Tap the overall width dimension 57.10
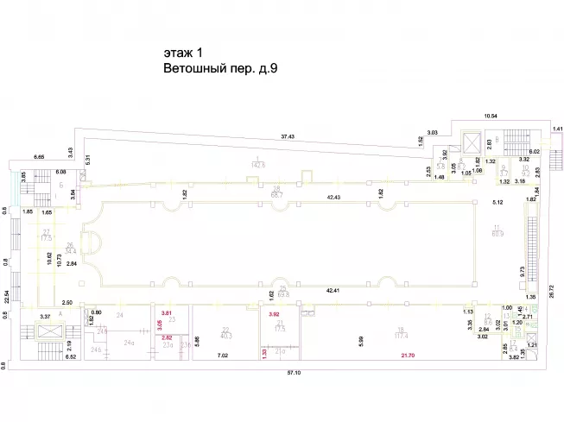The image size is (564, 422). click(x=282, y=375)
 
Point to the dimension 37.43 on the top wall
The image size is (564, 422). click(x=287, y=136)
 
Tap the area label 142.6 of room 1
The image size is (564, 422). click(x=257, y=164)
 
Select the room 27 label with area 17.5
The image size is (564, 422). click(x=47, y=236)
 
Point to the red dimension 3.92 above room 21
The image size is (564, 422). click(x=276, y=313)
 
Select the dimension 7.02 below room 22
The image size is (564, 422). click(x=222, y=356)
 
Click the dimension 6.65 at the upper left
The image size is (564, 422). click(x=40, y=157)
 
